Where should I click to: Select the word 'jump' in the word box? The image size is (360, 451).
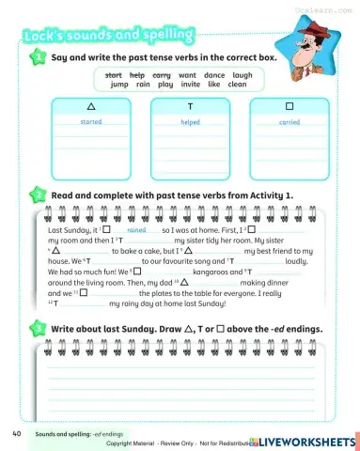pyautogui.click(x=119, y=84)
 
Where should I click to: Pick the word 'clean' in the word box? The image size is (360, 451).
pyautogui.click(x=237, y=84)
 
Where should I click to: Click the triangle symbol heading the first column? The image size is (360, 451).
pyautogui.click(x=91, y=106)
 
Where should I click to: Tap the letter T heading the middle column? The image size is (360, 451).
pyautogui.click(x=190, y=106)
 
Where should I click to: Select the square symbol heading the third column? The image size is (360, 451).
pyautogui.click(x=289, y=106)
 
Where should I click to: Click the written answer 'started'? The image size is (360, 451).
pyautogui.click(x=91, y=122)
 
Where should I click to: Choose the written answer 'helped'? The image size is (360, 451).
pyautogui.click(x=190, y=122)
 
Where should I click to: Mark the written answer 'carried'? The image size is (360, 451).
pyautogui.click(x=289, y=122)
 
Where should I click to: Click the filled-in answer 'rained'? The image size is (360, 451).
pyautogui.click(x=136, y=229)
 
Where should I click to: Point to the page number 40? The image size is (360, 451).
pyautogui.click(x=17, y=434)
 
